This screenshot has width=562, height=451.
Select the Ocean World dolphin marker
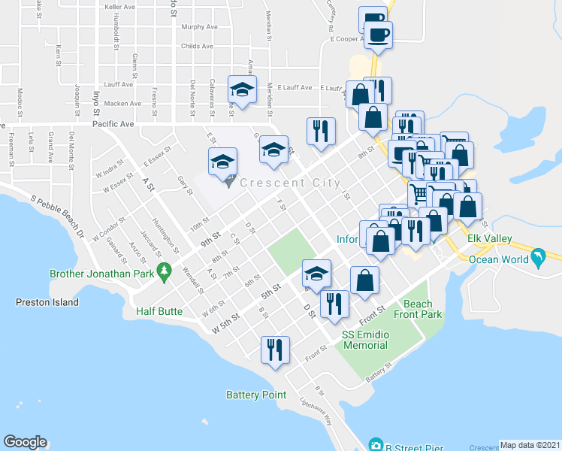click(x=538, y=259)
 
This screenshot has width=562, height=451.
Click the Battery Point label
click(x=256, y=394)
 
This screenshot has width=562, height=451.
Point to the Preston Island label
click(x=47, y=302)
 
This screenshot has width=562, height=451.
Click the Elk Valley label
click(x=489, y=239)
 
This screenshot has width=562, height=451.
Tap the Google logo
click(x=25, y=442)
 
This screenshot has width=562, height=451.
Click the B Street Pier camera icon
click(x=376, y=445)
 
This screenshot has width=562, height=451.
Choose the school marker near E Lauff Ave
click(x=243, y=90)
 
